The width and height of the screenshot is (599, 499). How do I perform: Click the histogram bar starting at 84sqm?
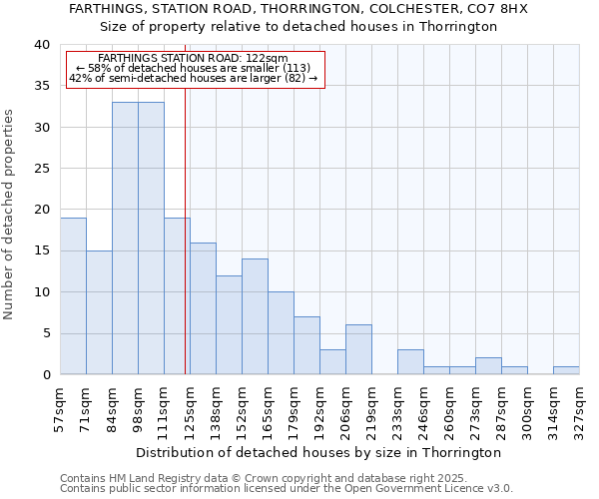(x=125, y=240)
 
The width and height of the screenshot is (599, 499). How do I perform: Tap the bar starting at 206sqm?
(x=358, y=350)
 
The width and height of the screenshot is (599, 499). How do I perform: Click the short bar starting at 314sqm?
(x=566, y=370)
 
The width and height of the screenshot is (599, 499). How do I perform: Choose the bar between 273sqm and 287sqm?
(x=488, y=366)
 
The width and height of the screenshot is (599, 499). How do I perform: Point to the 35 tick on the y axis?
(x=42, y=86)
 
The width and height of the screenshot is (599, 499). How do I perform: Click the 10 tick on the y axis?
(x=42, y=292)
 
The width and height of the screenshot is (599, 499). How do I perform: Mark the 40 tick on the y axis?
(x=42, y=45)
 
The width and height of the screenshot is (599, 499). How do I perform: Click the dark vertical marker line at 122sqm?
(x=186, y=249)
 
